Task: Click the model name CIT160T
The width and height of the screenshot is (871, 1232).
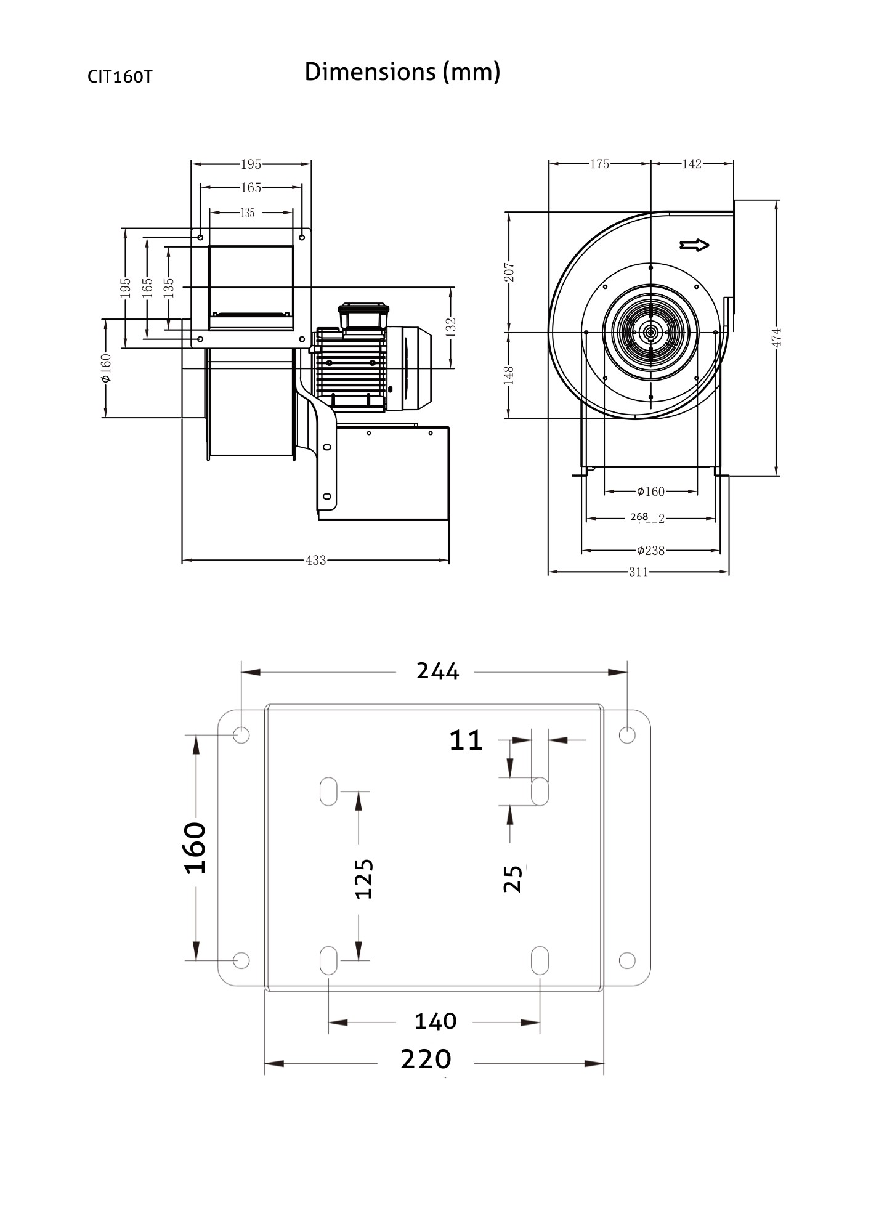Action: point(120,77)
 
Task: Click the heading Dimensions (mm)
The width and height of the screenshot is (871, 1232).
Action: point(402,72)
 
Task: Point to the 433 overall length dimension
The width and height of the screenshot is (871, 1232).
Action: point(315,561)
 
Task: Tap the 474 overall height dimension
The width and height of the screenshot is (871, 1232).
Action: point(777,338)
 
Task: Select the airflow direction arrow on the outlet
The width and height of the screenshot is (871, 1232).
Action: point(694,245)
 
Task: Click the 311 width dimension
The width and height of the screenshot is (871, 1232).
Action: point(638,572)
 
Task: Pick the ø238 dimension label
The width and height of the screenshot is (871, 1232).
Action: point(650,550)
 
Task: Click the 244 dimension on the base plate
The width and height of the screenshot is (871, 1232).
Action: point(437,671)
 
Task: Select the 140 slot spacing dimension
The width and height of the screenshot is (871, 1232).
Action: point(435,1021)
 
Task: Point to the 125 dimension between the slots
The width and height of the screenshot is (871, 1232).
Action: point(364,878)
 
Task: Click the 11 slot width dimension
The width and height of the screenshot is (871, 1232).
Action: point(466,740)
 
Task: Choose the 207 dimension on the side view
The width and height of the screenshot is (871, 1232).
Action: point(509,272)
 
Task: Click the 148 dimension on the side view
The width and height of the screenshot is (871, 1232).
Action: point(509,375)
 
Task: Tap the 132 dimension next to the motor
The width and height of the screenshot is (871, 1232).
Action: point(452,326)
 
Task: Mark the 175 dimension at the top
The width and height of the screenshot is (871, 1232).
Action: point(599,164)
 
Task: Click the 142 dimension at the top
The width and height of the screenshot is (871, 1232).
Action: point(692,164)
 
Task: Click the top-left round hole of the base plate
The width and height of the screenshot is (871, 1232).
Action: point(241,734)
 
